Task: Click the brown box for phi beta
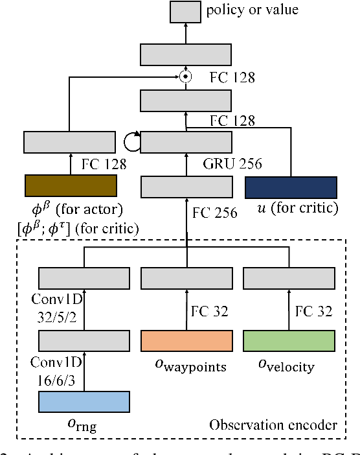pyautogui.click(x=70, y=185)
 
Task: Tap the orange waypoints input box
pyautogui.click(x=186, y=340)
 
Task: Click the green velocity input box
pyautogui.click(x=289, y=340)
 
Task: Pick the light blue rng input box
pyautogui.click(x=84, y=402)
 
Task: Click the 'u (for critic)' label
pyautogui.click(x=291, y=208)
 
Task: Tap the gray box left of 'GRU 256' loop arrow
pyautogui.click(x=70, y=141)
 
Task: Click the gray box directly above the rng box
pyautogui.click(x=84, y=340)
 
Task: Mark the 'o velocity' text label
pyautogui.click(x=286, y=367)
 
